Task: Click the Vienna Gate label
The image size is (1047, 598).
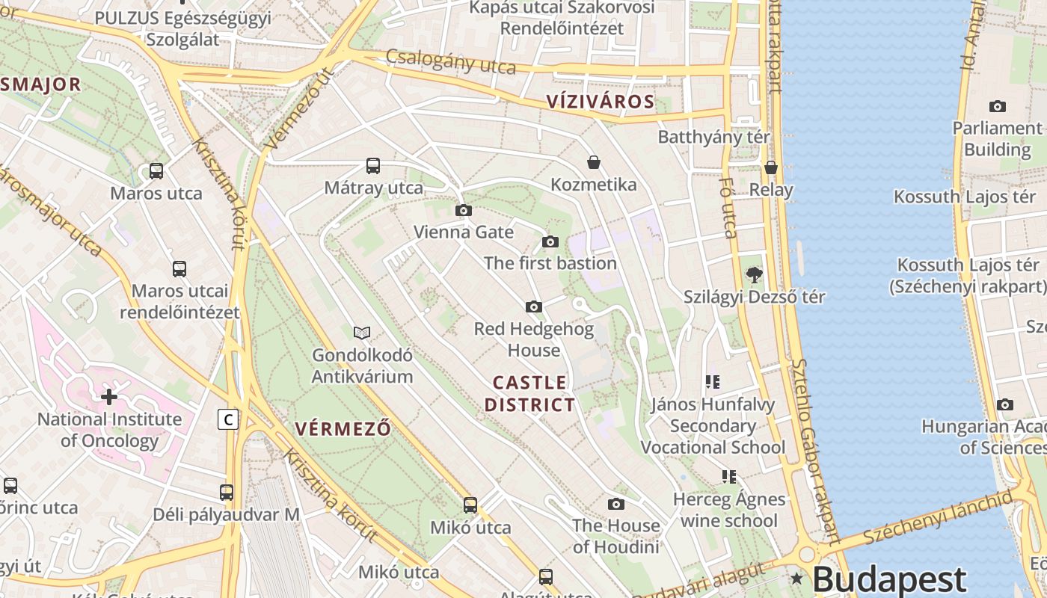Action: [x=464, y=232]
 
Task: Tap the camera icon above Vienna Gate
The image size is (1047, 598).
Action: [x=464, y=211]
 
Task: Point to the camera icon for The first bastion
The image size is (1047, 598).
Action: [x=550, y=241]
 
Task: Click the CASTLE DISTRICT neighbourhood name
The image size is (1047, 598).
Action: [x=529, y=394]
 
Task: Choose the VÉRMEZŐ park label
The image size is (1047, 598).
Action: [x=343, y=429]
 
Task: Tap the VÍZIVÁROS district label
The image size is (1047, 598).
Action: [x=600, y=102]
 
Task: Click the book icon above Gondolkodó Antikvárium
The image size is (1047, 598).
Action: [x=362, y=333]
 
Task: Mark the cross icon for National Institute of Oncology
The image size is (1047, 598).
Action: [x=109, y=397]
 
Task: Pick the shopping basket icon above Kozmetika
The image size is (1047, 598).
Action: [x=594, y=162]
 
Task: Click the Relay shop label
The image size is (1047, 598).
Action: [x=771, y=190]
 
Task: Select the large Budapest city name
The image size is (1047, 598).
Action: [x=889, y=579]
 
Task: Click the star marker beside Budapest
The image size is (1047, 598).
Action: [x=796, y=578]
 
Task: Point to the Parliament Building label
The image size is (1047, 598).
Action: [x=997, y=138]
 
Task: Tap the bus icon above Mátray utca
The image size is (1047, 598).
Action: [x=373, y=166]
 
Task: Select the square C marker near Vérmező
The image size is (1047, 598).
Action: [x=228, y=420]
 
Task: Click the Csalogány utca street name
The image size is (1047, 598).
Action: [x=450, y=62]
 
